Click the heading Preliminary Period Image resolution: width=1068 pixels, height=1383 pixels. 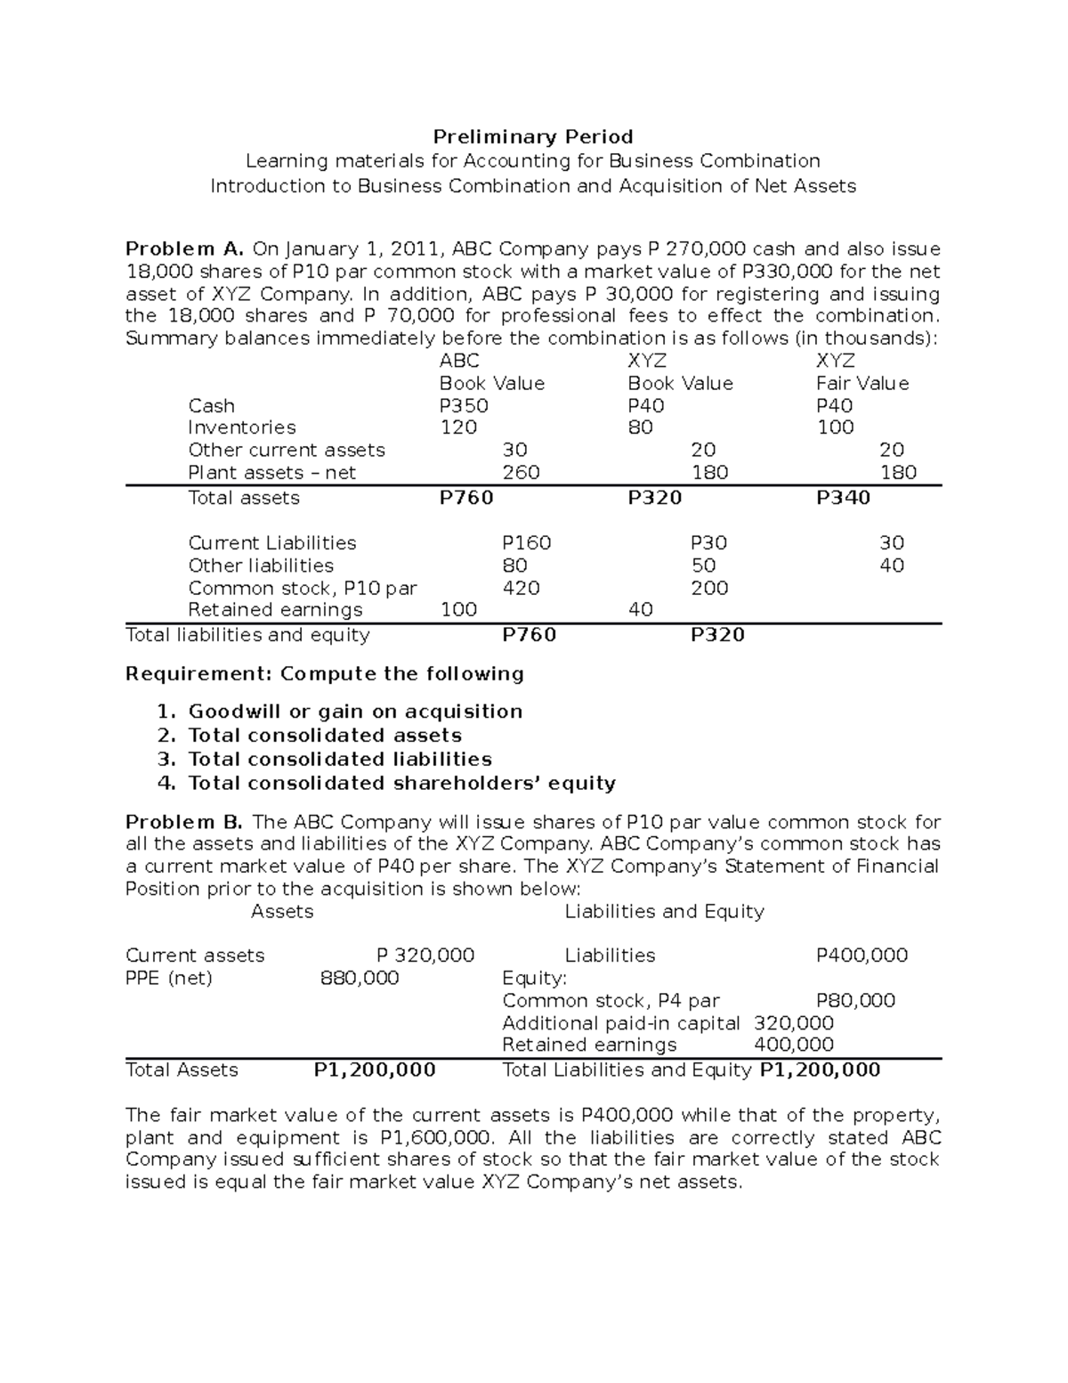coord(532,137)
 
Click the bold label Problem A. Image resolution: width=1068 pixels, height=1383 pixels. coord(184,249)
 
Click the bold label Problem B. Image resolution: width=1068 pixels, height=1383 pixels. coord(183,822)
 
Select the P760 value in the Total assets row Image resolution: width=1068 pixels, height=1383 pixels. coord(466,498)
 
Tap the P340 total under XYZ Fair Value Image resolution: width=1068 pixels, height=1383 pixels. coord(843,498)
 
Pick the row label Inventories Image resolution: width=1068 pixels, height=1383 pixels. coord(242,427)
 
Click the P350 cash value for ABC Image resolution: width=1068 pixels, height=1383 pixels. coord(464,406)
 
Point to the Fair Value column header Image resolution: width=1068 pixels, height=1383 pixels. coord(862,384)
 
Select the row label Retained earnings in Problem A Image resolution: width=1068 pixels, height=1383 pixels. coord(275,610)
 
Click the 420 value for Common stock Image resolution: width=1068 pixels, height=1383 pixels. coord(521,589)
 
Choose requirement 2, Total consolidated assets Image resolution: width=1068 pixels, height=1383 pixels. coord(325,736)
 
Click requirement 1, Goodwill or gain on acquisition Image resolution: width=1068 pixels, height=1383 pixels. coord(355,712)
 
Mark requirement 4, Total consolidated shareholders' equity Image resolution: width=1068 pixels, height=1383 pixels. coord(401,784)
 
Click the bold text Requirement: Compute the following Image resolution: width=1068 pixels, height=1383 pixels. coord(325,674)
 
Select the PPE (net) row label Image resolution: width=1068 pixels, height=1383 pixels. coord(169,979)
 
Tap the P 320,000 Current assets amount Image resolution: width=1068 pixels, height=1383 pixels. coord(425,956)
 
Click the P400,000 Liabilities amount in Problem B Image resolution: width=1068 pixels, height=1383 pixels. coord(862,956)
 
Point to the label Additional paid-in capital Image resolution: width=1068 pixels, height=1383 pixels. coord(620,1023)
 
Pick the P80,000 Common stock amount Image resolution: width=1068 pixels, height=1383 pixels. coord(855,1001)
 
